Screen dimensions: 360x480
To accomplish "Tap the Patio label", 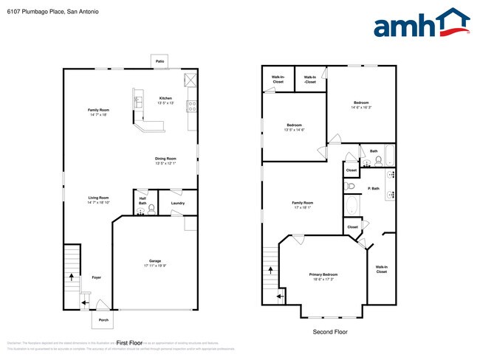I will pos(160,61).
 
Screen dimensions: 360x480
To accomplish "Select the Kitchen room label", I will pos(166,98).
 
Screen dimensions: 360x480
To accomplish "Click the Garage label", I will pos(155,261).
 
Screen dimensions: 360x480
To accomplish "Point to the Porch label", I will pos(103,319).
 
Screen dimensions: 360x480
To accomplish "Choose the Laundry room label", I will pos(177,203).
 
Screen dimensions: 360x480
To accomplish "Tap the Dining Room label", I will pos(165,159).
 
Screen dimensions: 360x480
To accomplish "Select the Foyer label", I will pos(96,277).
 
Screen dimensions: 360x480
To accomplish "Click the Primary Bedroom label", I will pos(323,274).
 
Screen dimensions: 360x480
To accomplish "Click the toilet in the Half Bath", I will pos(151,209).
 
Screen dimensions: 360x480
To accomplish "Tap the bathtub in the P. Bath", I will pos(352,204).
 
